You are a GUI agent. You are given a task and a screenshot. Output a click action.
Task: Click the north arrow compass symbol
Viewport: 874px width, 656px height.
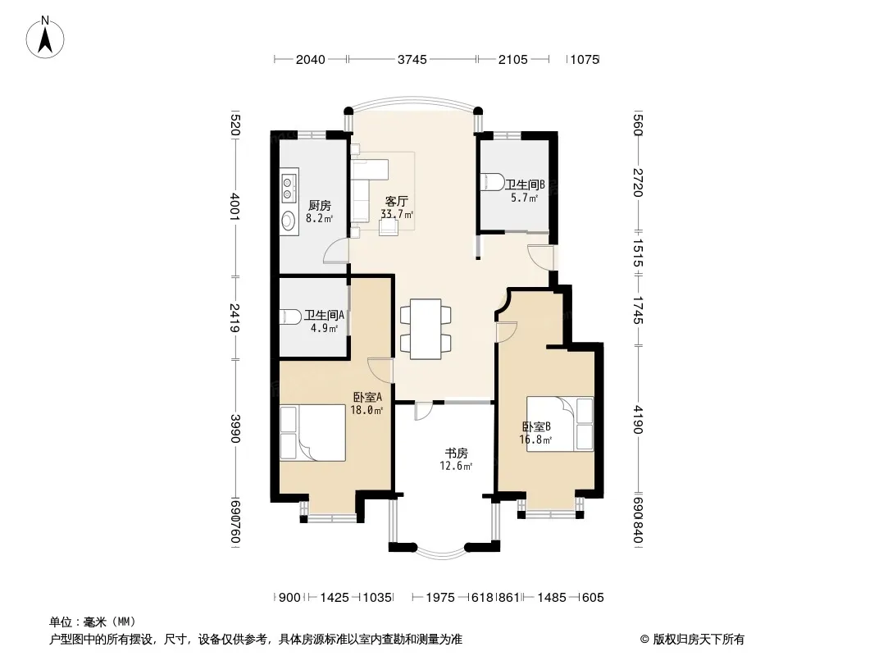point(45,38)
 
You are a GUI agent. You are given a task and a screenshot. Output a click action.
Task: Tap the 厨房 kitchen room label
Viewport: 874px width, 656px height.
point(320,206)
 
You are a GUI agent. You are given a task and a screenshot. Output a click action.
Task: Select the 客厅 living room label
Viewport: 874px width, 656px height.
point(396,201)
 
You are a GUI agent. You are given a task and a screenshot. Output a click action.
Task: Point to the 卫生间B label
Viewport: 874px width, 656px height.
point(525,184)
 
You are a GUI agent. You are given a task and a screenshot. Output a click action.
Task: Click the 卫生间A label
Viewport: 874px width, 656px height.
point(324,315)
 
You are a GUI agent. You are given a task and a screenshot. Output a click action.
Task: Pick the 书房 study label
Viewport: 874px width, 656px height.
point(456,453)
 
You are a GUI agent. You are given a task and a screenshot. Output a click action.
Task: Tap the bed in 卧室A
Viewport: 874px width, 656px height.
point(312,432)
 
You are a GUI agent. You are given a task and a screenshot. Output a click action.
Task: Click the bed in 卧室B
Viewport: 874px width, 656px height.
point(560,424)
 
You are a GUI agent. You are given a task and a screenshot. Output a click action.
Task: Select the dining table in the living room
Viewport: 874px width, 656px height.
point(426,330)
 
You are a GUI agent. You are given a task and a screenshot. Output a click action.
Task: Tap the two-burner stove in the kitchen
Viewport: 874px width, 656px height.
point(288,187)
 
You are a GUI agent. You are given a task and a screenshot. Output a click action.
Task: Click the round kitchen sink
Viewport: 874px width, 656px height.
point(289,221)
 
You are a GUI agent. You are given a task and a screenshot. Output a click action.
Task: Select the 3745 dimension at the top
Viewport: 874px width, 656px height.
point(412,59)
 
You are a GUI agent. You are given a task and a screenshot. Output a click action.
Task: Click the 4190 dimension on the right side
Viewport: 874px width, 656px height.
point(639,420)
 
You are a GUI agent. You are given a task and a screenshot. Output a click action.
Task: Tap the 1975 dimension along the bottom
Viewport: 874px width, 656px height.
point(440,598)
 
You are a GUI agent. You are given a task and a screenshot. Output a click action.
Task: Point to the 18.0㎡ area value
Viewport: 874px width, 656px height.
point(366,411)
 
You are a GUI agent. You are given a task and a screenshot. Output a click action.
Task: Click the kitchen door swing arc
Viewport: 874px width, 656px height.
point(334,251)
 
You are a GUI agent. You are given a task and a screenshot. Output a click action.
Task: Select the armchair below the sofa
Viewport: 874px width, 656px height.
point(389,227)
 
